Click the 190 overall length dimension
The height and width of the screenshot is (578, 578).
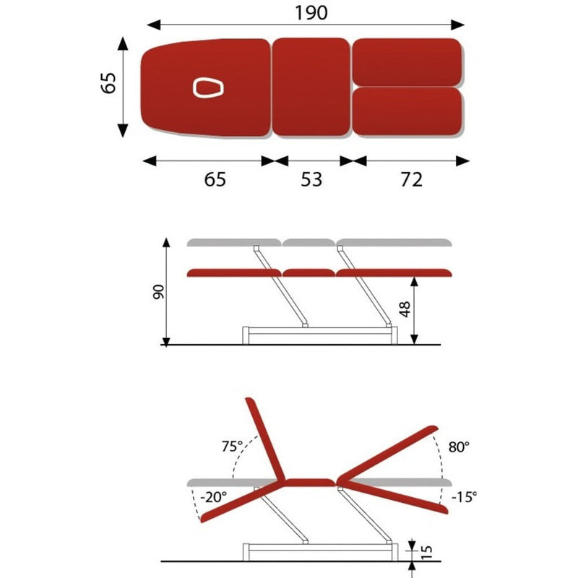point(311,13)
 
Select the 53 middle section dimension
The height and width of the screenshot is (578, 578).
point(311,179)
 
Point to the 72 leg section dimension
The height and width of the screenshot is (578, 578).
point(411,179)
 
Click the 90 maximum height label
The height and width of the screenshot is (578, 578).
point(158,292)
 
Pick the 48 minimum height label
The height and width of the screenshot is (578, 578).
point(405,309)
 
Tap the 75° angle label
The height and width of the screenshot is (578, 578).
point(232,447)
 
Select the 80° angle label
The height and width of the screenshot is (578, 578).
point(459,447)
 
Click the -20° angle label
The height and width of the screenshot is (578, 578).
point(213,497)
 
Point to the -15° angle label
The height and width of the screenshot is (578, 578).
point(464,497)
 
